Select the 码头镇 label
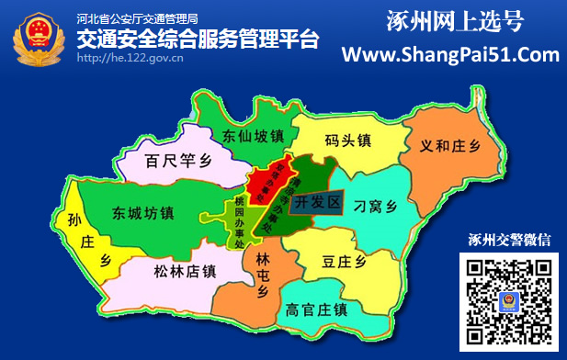pyautogui.click(x=347, y=141)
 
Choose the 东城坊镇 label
pyautogui.click(x=142, y=213)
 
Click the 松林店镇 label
pyautogui.click(x=185, y=270)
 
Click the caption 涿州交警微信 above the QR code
pyautogui.click(x=509, y=242)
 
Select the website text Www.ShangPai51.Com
pyautogui.click(x=450, y=55)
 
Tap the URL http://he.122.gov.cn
pyautogui.click(x=130, y=57)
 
